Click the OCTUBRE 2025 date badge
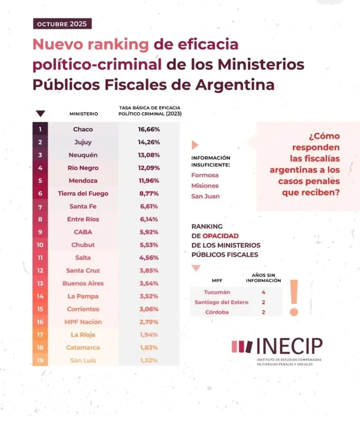62,24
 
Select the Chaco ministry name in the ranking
83,129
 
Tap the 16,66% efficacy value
149,129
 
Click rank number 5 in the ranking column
40,181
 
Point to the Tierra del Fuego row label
83,193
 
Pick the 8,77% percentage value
149,193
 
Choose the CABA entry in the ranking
83,232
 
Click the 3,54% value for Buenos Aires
149,283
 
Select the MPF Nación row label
83,322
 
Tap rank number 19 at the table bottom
40,360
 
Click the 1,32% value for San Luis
149,360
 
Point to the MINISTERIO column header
83,114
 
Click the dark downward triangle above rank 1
41,114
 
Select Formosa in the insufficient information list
205,175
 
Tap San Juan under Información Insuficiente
206,196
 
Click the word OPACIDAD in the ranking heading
221,236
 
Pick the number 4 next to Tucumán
263,292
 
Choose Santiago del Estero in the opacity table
217,302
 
